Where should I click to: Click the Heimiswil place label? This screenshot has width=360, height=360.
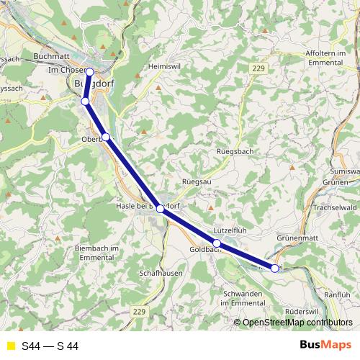163,66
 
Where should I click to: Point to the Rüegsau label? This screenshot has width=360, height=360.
195,181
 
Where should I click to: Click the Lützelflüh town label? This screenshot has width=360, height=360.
230,230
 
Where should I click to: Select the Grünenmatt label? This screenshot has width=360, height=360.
297,237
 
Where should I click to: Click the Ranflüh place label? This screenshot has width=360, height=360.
337,294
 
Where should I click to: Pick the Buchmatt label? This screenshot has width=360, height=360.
52,55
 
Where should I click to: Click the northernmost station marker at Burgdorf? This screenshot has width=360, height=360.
90,72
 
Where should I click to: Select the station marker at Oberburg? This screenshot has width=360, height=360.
106,137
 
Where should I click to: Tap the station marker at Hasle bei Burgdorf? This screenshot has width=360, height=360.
161,208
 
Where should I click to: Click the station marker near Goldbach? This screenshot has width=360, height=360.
217,243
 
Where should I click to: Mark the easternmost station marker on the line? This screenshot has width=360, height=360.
274,269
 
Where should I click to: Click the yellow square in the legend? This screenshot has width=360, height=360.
9,346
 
